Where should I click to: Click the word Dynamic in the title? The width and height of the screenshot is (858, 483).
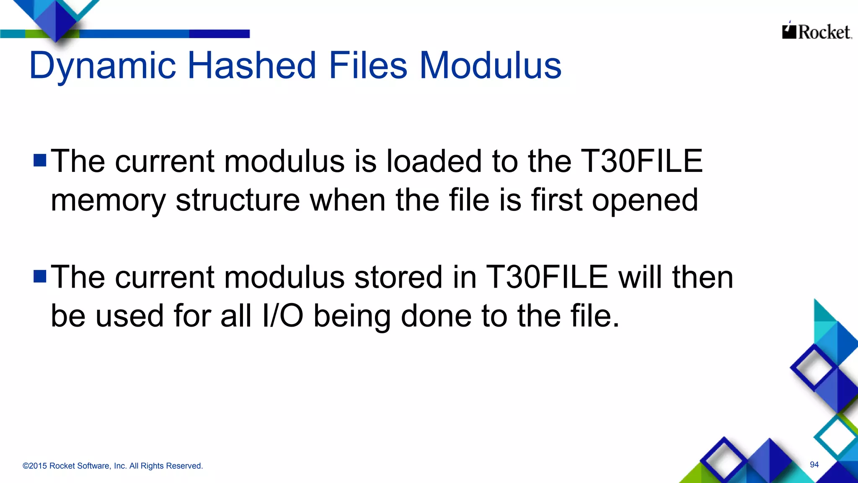pyautogui.click(x=102, y=66)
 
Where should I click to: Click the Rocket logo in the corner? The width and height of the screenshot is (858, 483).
pyautogui.click(x=817, y=31)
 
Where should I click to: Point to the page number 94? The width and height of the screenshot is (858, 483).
pyautogui.click(x=814, y=465)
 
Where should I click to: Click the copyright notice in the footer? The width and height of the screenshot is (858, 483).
pyautogui.click(x=113, y=466)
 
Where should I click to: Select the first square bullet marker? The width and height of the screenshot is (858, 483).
pyautogui.click(x=40, y=160)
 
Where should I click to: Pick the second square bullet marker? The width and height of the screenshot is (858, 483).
pyautogui.click(x=40, y=276)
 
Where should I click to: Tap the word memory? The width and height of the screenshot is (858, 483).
pyautogui.click(x=108, y=200)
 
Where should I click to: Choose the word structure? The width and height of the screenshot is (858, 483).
pyautogui.click(x=238, y=200)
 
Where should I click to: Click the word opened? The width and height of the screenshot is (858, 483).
pyautogui.click(x=645, y=200)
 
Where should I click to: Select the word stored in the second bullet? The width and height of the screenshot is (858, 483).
pyautogui.click(x=398, y=277)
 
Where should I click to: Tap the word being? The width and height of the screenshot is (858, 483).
pyautogui.click(x=352, y=317)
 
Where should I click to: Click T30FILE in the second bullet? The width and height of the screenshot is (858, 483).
pyautogui.click(x=547, y=277)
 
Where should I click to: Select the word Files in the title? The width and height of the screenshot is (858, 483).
pyautogui.click(x=368, y=65)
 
